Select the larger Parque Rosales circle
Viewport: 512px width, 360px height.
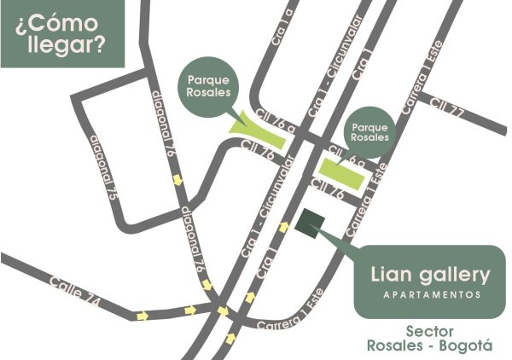(209, 86)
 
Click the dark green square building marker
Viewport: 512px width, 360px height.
(309, 222)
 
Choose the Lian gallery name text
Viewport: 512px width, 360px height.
(430, 275)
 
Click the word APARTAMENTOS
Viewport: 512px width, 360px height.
(430, 294)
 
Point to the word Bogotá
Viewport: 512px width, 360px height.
(467, 346)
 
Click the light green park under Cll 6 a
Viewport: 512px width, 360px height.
(346, 173)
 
